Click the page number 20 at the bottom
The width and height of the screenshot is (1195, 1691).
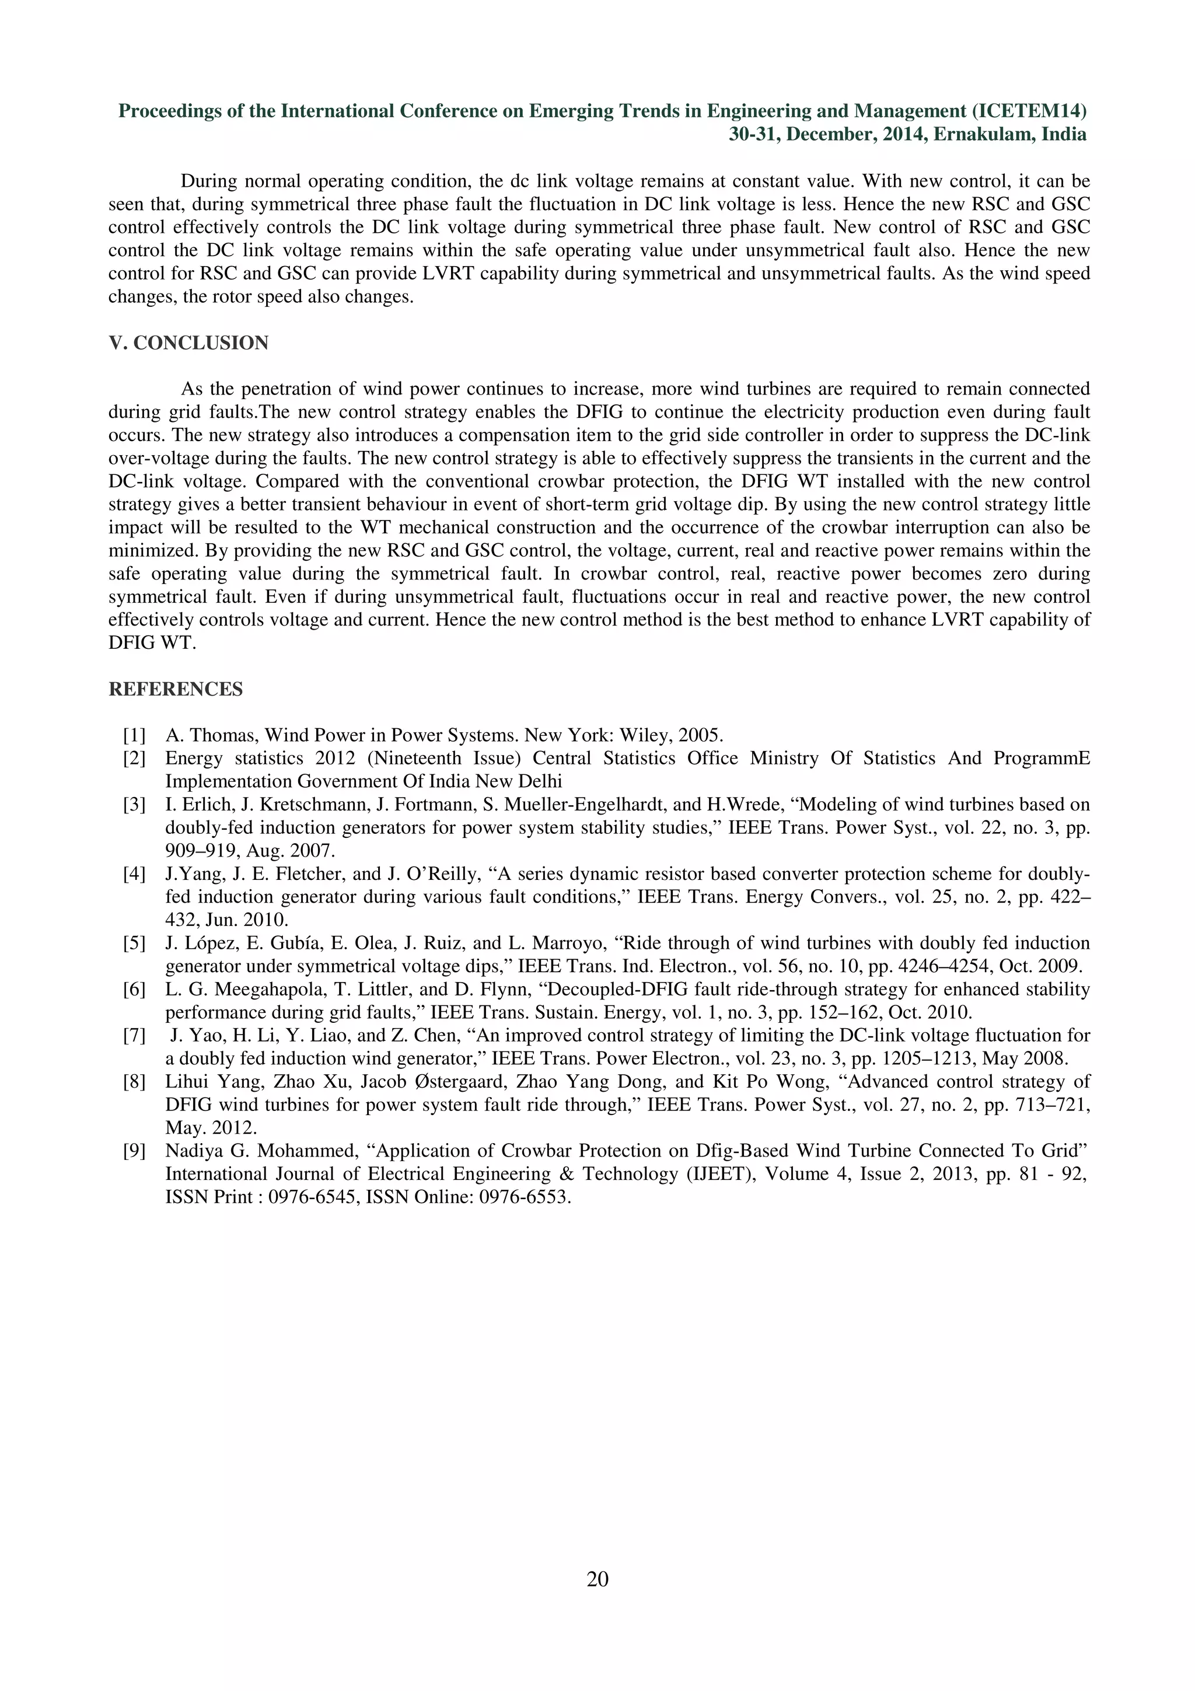click(597, 1578)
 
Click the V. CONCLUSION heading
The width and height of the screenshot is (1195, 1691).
click(188, 343)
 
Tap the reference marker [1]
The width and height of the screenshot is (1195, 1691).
click(134, 735)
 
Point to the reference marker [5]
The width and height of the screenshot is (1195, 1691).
click(134, 943)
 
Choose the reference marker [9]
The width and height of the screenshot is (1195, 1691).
click(134, 1151)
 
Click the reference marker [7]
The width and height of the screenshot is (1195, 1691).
click(134, 1036)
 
